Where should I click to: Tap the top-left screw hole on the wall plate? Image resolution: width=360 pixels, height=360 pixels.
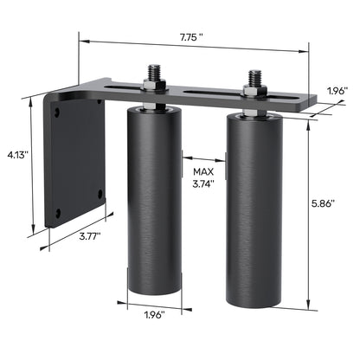(58, 112)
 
